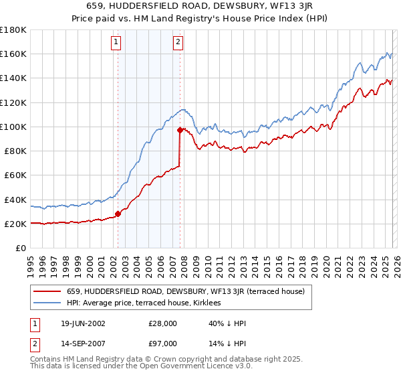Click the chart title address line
pos(200,6)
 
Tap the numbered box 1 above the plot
pos(116,42)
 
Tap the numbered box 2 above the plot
pos(178,42)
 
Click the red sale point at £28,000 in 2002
pos(118,214)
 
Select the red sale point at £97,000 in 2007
pos(180,131)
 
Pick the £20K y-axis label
pos(16,224)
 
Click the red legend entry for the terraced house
pos(186,291)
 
